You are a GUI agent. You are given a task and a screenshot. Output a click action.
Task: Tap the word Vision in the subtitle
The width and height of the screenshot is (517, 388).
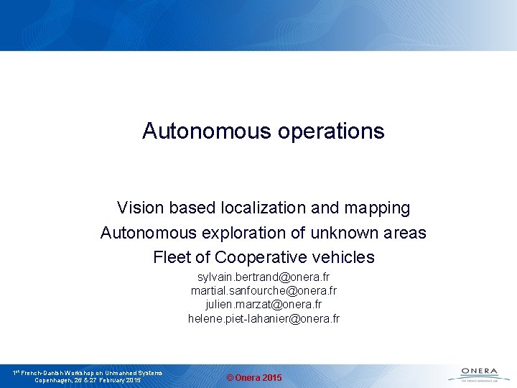141,208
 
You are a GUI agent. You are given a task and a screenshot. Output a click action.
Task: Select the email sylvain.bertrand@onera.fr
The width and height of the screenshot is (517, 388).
264,277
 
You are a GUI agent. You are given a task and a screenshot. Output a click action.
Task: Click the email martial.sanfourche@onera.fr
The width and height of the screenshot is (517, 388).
264,291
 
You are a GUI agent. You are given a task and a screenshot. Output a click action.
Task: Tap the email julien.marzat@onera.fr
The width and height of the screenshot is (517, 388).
264,305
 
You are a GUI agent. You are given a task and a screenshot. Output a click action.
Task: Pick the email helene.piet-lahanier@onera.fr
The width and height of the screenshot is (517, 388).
264,318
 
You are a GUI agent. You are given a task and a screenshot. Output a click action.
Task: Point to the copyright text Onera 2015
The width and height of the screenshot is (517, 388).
254,378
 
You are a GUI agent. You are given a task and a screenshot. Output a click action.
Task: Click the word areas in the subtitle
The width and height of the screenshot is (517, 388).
405,234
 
